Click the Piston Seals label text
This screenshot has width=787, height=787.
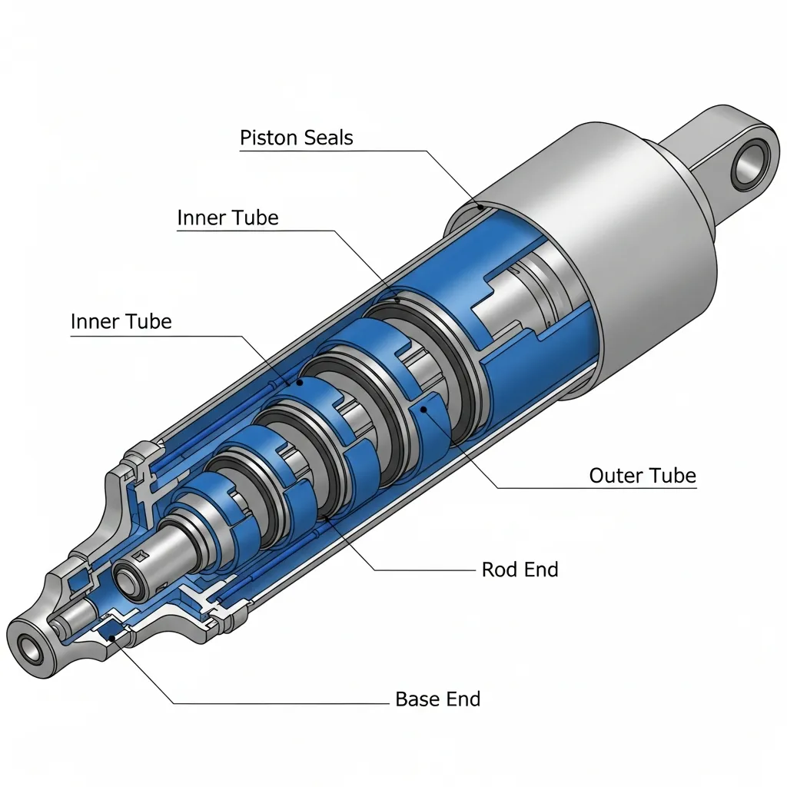point(296,138)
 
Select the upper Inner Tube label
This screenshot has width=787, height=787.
point(227,218)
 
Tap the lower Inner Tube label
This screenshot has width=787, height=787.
point(121,322)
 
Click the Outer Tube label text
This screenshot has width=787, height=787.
point(643,475)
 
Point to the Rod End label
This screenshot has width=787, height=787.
point(520,569)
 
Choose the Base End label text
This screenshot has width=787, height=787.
point(437,699)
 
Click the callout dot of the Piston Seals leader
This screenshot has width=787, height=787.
point(480,206)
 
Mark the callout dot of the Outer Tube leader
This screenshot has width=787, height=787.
point(423,410)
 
